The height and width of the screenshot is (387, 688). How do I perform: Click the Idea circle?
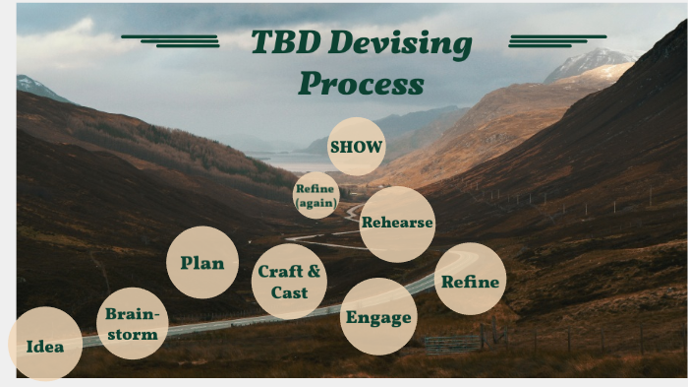click(45, 345)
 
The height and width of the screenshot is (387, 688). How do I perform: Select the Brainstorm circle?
click(132, 324)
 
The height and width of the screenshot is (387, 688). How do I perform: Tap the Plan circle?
click(202, 263)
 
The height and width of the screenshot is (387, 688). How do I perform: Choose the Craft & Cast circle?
click(289, 281)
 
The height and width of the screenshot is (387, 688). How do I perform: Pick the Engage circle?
click(378, 317)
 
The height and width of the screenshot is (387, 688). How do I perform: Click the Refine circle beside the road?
click(470, 281)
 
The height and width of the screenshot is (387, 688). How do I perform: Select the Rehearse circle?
click(397, 223)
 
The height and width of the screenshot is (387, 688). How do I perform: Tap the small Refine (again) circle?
click(315, 195)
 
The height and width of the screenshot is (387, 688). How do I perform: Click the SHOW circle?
click(356, 147)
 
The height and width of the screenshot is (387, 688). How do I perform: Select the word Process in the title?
click(361, 83)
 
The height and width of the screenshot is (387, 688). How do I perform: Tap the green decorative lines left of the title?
click(173, 40)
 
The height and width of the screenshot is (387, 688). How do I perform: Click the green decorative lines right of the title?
click(555, 40)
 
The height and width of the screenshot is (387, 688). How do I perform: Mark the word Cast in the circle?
click(289, 292)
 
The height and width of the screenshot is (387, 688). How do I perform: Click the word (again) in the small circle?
click(315, 203)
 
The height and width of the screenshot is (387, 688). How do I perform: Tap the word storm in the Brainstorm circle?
click(132, 335)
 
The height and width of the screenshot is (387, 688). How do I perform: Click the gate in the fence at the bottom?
click(453, 344)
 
